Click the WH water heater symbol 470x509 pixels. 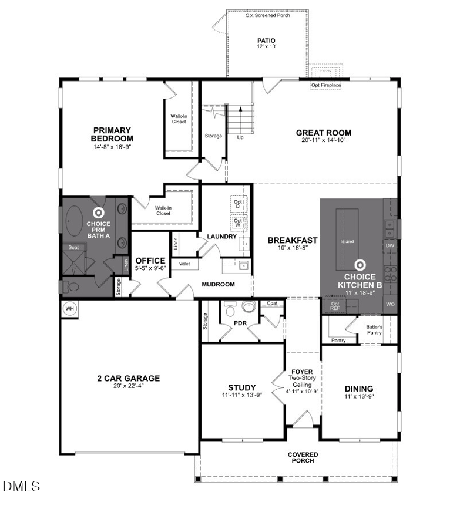tap(70, 309)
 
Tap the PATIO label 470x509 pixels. tap(266, 41)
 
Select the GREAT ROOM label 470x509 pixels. tap(323, 133)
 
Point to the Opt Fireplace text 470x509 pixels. tap(326, 85)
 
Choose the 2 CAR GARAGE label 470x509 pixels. tap(128, 379)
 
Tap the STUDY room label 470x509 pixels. tap(241, 387)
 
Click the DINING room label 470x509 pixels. tap(358, 389)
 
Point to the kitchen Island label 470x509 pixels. tap(347, 241)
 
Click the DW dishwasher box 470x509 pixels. tap(390, 245)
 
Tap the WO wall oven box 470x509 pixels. tap(390, 305)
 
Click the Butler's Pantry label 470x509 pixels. tap(374, 330)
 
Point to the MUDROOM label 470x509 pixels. tap(218, 284)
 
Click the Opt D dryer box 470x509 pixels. tap(237, 203)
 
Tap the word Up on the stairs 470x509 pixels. tap(240, 138)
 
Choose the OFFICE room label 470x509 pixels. tap(151, 261)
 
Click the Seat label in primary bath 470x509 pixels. tap(74, 247)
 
